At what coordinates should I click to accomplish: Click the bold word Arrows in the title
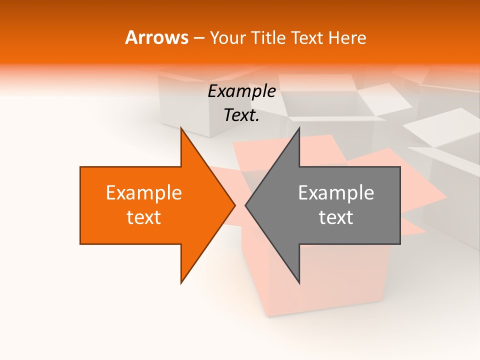[156, 38]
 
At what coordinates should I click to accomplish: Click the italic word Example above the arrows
[241, 91]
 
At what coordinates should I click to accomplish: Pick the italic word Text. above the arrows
[241, 115]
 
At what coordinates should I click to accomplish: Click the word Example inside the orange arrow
[144, 193]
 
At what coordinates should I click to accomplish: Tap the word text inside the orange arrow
[144, 217]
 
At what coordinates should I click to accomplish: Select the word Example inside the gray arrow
[336, 193]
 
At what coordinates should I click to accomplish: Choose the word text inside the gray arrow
[336, 217]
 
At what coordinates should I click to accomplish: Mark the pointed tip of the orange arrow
[235, 205]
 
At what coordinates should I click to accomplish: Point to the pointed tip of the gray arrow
[245, 205]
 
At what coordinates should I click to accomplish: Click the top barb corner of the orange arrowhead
[181, 128]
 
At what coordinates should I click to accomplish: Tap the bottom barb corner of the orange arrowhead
[181, 283]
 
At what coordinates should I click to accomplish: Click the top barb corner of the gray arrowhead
[299, 128]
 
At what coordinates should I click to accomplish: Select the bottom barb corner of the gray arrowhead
[299, 283]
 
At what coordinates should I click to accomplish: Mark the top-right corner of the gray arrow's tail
[400, 167]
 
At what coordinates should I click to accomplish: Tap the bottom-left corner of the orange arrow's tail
[80, 244]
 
